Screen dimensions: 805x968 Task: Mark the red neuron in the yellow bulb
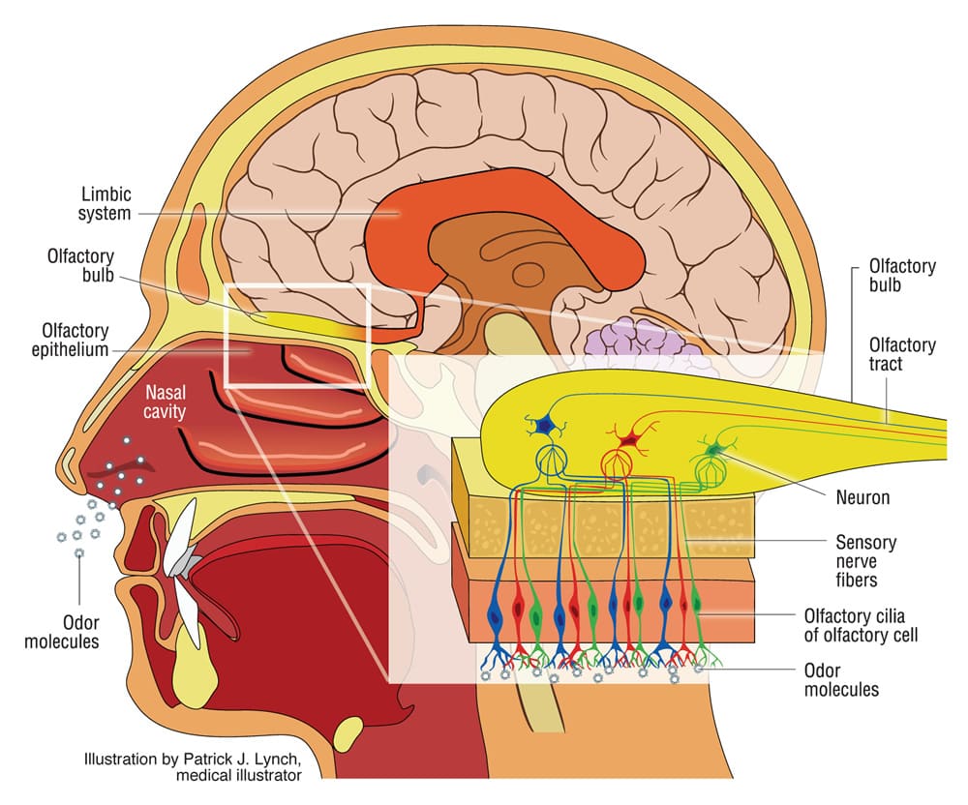(627, 440)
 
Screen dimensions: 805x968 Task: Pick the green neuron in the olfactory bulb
(715, 448)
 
